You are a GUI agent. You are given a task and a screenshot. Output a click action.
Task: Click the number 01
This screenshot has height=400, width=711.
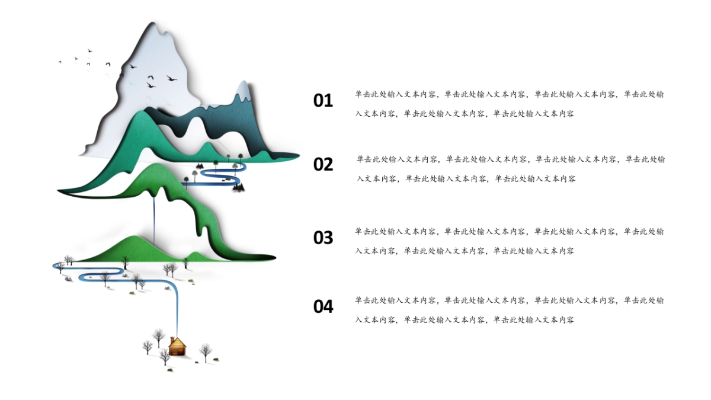[x=323, y=101]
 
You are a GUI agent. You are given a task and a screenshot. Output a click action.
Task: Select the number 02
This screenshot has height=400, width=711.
[x=323, y=164]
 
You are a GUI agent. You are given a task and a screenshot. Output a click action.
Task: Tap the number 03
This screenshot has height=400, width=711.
[x=323, y=238]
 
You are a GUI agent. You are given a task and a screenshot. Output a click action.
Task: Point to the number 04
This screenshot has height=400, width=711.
[x=323, y=306]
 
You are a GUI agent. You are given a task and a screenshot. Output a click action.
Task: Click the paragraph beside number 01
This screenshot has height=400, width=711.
[x=510, y=104]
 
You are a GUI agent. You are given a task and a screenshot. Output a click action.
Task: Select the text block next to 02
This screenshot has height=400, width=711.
[x=511, y=169]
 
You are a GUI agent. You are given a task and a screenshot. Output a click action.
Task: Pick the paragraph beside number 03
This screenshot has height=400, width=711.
[x=510, y=241]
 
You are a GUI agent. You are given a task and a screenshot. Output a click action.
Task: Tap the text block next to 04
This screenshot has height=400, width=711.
[x=510, y=310]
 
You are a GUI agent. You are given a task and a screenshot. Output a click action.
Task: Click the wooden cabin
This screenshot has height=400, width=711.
[x=177, y=347]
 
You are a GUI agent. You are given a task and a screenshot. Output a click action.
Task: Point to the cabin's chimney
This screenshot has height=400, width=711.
[x=172, y=340]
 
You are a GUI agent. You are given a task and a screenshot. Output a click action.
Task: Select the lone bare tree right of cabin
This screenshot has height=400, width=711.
[x=206, y=351]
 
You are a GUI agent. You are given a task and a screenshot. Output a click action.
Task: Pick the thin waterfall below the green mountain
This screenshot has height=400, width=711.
[x=155, y=219]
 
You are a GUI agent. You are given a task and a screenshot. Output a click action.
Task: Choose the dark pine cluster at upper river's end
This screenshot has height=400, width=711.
[x=238, y=187]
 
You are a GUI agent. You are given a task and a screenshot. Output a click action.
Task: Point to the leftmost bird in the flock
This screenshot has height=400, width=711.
[x=60, y=62]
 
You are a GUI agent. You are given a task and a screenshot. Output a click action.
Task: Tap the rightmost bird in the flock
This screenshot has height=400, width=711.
[x=172, y=78]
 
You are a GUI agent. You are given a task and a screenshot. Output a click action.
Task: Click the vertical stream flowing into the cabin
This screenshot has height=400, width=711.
[x=177, y=311]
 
